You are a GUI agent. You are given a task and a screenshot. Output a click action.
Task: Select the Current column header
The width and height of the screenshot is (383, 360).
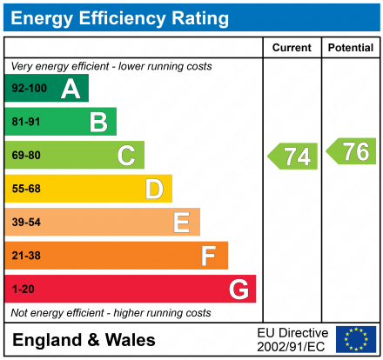pos(292,48)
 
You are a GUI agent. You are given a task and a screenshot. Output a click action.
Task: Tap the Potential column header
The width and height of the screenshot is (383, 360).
pos(351,48)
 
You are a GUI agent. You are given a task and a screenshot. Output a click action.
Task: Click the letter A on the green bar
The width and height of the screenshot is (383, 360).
pos(71,89)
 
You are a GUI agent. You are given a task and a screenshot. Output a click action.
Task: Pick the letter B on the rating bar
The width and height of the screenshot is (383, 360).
pos(98,122)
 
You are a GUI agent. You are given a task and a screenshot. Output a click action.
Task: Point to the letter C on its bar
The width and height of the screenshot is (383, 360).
pos(126,156)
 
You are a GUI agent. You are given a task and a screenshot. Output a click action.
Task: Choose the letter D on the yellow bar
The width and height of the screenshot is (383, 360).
pos(154,189)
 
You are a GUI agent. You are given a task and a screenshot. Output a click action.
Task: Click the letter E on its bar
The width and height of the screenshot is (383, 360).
pos(181,223)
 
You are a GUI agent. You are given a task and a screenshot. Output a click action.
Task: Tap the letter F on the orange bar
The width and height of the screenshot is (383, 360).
pos(209,256)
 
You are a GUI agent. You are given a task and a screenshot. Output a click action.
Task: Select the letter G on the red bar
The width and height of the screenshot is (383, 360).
pos(238,289)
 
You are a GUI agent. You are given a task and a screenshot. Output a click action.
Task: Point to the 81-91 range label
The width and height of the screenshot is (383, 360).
pos(26,123)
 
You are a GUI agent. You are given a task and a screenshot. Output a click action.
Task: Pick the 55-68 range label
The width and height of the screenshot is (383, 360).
pos(26,190)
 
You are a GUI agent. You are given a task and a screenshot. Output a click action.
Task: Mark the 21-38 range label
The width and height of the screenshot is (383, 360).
pos(26,256)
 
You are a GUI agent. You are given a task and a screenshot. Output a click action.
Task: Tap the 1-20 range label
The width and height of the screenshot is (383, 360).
pos(24,289)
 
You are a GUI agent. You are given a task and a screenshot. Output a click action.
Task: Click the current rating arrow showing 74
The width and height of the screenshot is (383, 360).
pos(293,157)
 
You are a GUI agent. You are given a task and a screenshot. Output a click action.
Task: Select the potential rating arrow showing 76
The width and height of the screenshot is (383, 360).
pos(353,151)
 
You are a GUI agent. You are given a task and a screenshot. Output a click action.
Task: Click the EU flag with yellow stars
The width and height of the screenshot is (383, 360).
pos(356,339)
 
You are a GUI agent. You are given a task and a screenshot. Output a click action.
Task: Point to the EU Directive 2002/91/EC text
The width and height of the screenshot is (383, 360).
pos(292,339)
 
